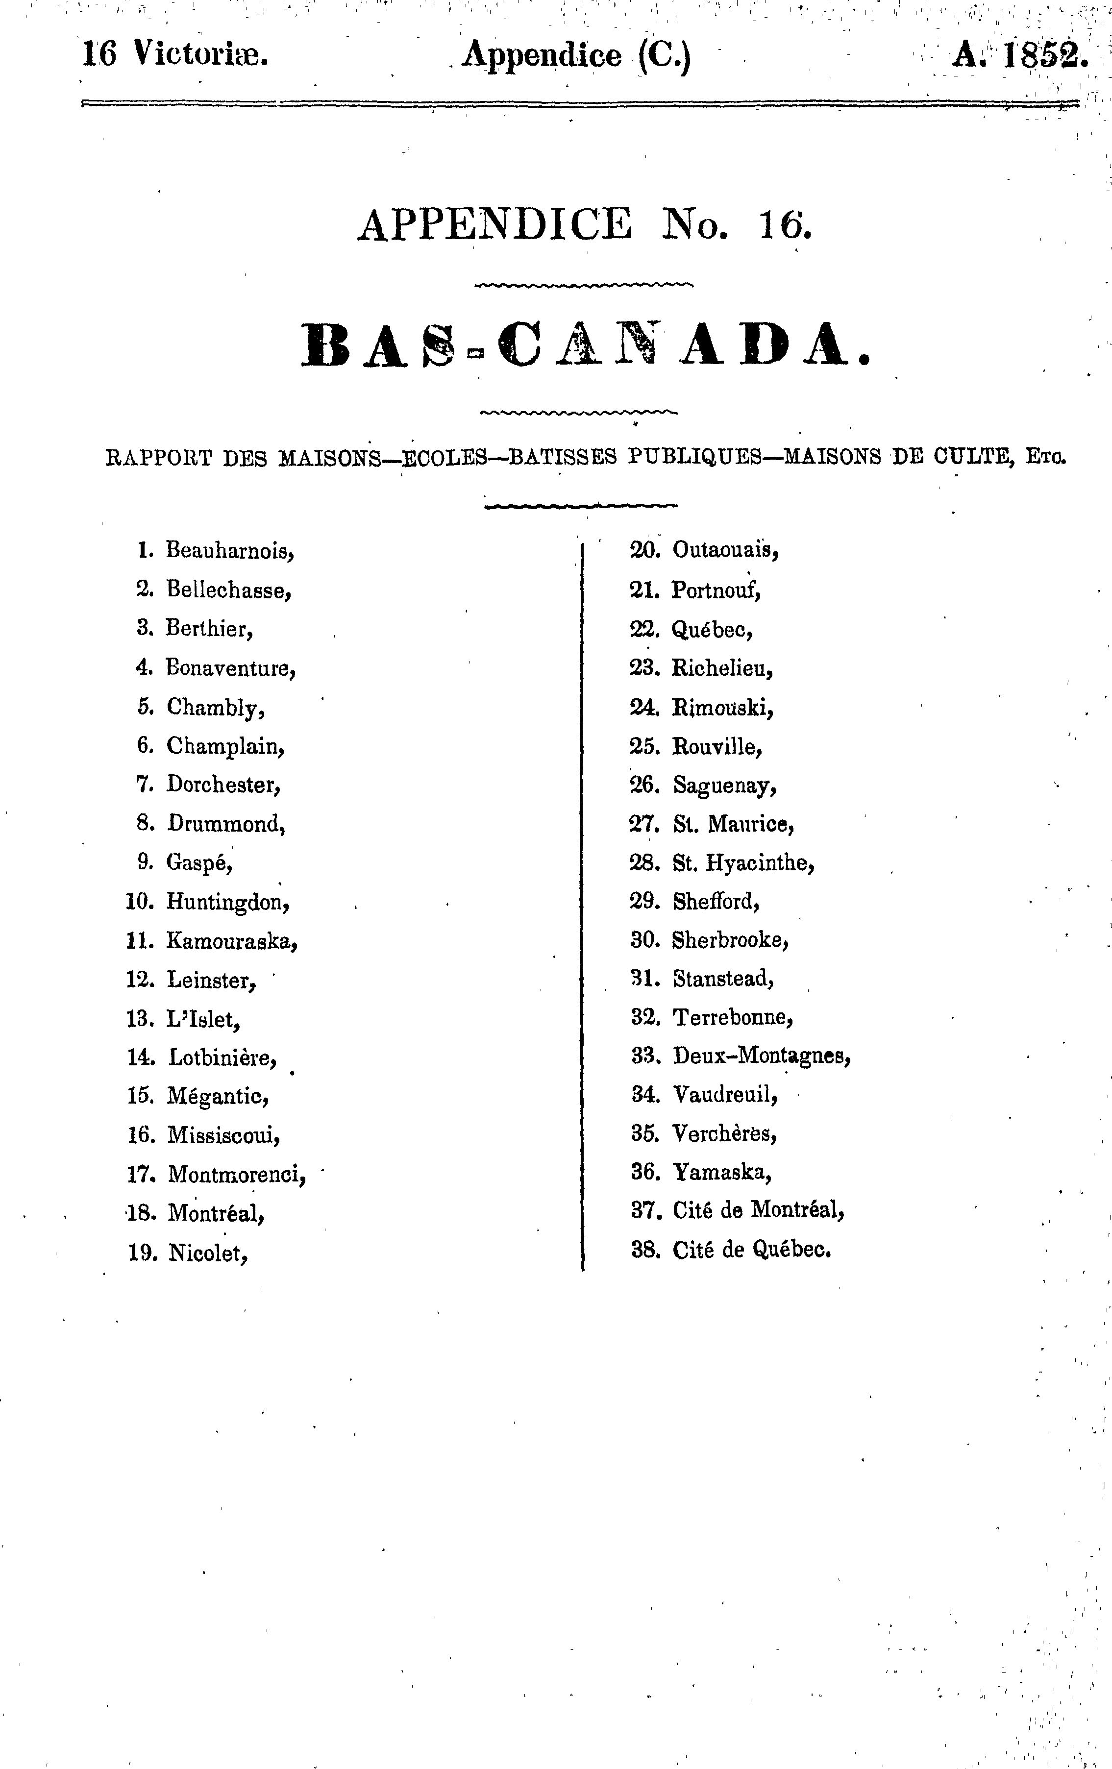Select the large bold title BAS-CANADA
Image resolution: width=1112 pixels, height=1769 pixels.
pos(585,345)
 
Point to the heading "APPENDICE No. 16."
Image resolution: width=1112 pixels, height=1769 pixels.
pos(585,225)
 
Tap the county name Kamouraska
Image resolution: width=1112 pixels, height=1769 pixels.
pos(231,940)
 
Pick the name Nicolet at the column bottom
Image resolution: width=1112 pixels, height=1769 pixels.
pos(208,1253)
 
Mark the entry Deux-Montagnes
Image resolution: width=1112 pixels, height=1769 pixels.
pos(762,1056)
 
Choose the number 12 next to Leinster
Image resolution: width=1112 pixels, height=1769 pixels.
pos(140,979)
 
